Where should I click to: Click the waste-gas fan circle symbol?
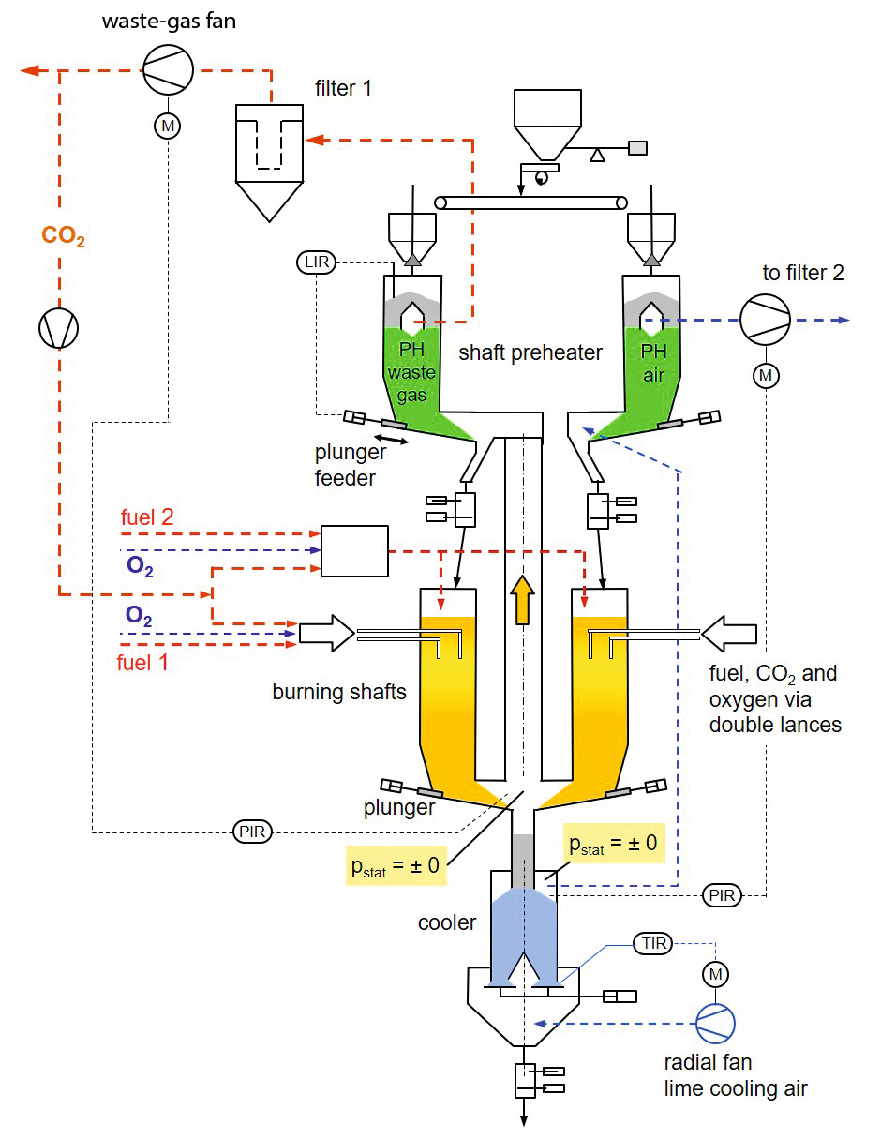[168, 69]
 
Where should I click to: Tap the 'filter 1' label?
[343, 88]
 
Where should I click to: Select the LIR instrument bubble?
[317, 262]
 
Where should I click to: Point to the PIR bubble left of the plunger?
[252, 832]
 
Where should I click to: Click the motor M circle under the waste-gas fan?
[168, 127]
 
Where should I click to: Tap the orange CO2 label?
[63, 236]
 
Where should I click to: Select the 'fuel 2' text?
[146, 517]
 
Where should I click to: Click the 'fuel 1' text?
[142, 663]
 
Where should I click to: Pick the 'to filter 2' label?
[803, 273]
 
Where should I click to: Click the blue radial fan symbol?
[715, 1023]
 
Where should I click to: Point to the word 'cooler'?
[447, 922]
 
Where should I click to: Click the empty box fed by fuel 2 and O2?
[354, 551]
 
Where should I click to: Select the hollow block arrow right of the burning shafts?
[728, 634]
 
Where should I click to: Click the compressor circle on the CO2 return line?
[59, 328]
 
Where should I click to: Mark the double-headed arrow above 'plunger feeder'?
[391, 440]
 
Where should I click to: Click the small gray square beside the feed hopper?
[637, 148]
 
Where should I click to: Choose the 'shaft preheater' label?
[530, 352]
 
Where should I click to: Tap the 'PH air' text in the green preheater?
[653, 363]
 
